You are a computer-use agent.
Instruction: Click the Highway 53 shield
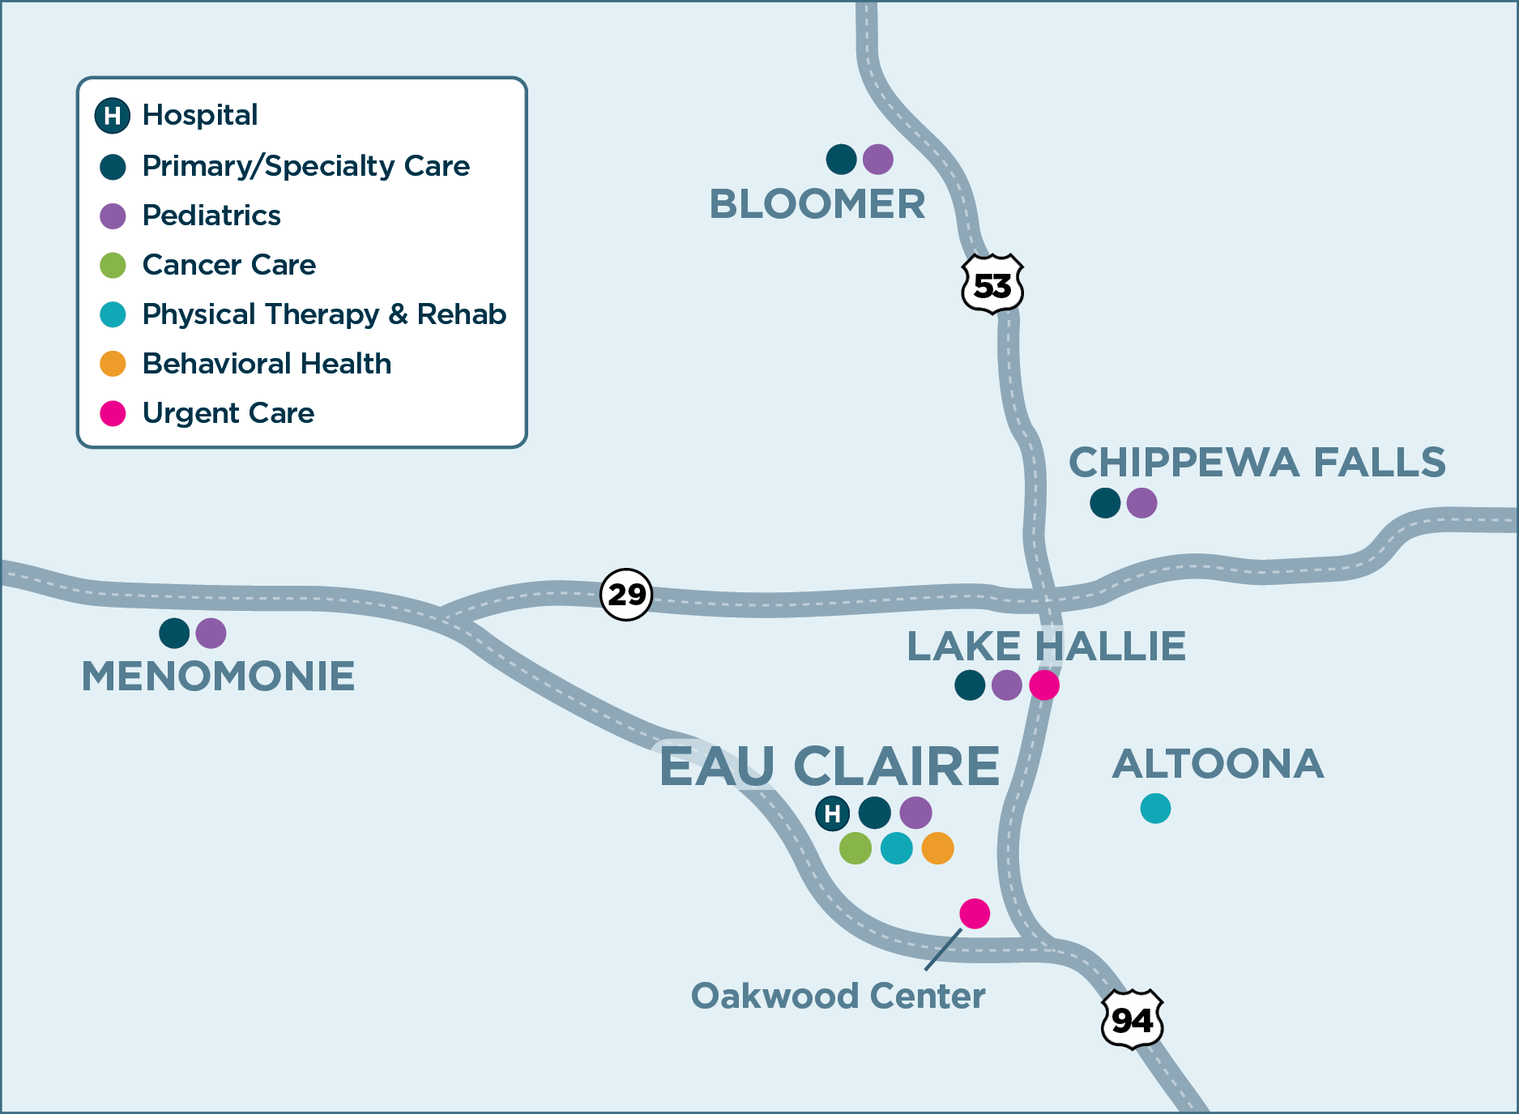992,284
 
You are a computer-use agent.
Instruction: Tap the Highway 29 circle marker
626,594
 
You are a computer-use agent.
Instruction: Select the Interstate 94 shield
1132,1020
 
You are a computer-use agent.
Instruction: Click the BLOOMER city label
817,204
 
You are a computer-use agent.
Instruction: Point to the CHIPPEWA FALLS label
1257,463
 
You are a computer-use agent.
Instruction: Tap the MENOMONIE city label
218,676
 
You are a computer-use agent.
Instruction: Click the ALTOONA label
1218,764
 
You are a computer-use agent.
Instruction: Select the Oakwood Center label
838,996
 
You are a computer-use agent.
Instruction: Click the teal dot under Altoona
1155,808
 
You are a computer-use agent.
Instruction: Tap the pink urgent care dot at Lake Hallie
1044,685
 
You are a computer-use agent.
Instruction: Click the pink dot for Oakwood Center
975,913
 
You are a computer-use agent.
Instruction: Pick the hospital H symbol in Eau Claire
832,813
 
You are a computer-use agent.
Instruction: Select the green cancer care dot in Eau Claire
856,848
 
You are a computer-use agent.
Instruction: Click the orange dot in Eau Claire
938,848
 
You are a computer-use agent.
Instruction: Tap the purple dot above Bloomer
878,159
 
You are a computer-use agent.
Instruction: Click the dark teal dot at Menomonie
174,633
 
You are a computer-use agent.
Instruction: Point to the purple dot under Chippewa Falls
1142,502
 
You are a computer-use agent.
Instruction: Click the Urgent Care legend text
228,413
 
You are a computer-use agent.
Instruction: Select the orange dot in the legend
113,364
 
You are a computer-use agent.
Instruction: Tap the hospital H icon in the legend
113,116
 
